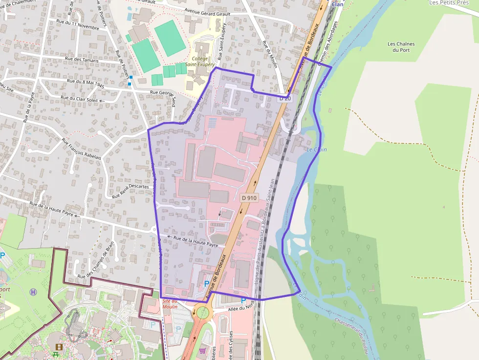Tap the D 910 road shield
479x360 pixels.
(249, 198)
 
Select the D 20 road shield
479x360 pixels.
(285, 98)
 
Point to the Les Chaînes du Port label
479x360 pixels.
(401, 47)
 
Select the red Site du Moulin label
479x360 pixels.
(170, 304)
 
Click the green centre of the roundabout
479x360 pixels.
(203, 312)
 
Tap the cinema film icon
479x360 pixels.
(59, 347)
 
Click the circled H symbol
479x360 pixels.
(33, 292)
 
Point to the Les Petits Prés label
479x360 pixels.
(448, 2)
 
